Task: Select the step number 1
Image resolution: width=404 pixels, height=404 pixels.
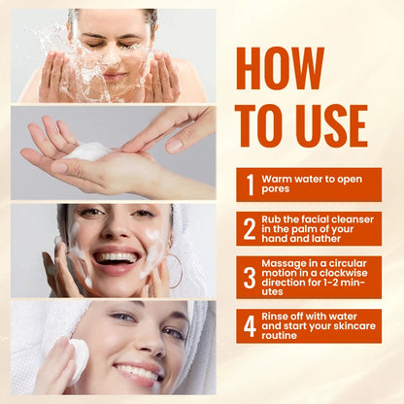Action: pyautogui.click(x=250, y=185)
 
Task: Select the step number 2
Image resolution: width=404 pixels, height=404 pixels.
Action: pyautogui.click(x=250, y=228)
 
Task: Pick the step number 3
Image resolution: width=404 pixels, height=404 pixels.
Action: pyautogui.click(x=250, y=277)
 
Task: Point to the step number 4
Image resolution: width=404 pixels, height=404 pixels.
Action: pyautogui.click(x=250, y=326)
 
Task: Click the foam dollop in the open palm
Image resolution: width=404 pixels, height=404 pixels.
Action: pyautogui.click(x=89, y=151)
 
